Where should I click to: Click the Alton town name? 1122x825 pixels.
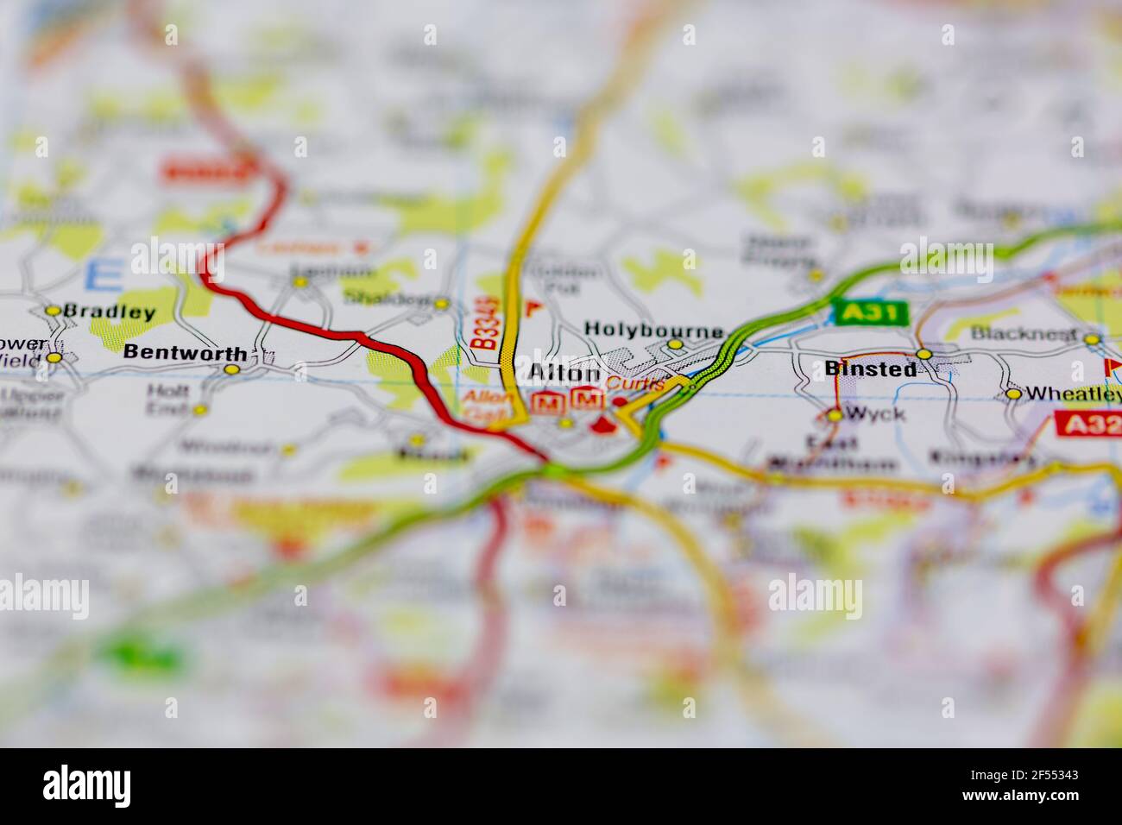(563, 374)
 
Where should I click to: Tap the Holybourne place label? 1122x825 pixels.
(652, 330)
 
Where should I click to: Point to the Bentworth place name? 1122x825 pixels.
(185, 352)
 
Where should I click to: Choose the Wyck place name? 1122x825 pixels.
(875, 413)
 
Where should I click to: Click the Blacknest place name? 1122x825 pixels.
(1024, 333)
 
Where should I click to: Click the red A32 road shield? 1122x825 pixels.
(1087, 423)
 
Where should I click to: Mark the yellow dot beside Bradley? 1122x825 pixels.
(54, 311)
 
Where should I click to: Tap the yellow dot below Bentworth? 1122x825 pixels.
(231, 369)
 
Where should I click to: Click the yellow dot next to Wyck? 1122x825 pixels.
(834, 415)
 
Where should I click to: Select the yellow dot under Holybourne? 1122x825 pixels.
(676, 344)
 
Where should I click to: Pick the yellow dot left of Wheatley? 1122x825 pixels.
(1013, 394)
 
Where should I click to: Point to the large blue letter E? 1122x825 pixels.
(104, 275)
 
